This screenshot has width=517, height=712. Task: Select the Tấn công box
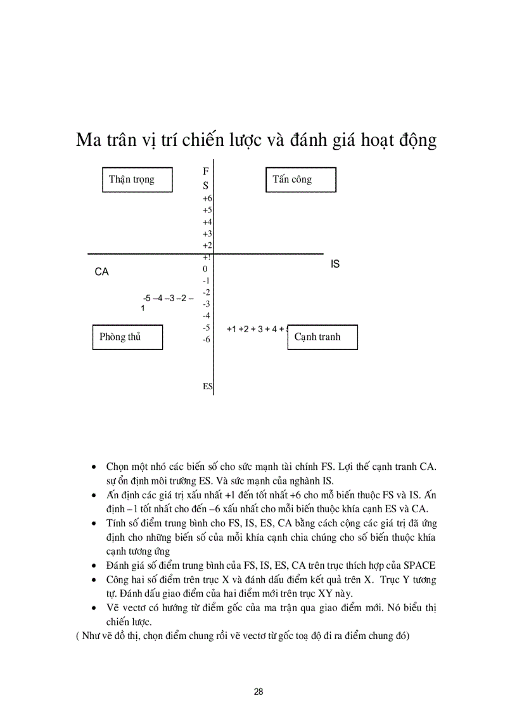(x=300, y=179)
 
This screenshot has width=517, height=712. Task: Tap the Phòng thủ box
(x=127, y=337)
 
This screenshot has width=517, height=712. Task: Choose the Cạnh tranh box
(x=322, y=337)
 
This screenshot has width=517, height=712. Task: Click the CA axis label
(x=101, y=272)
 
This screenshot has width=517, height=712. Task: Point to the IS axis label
(x=335, y=264)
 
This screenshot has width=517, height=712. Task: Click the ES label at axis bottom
(x=208, y=386)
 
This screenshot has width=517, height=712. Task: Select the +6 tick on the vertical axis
(x=207, y=198)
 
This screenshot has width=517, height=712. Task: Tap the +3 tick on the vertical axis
(x=207, y=234)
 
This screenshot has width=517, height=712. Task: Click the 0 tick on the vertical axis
(x=205, y=269)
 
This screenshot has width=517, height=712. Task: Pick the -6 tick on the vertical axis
(x=207, y=339)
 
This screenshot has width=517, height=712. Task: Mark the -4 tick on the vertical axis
(x=207, y=316)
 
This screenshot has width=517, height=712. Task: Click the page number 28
(x=258, y=692)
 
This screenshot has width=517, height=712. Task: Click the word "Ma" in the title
(x=88, y=139)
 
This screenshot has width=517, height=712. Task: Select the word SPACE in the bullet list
(x=419, y=565)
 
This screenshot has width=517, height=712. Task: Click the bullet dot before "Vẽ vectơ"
(x=94, y=608)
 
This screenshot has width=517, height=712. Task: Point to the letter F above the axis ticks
(x=206, y=172)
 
